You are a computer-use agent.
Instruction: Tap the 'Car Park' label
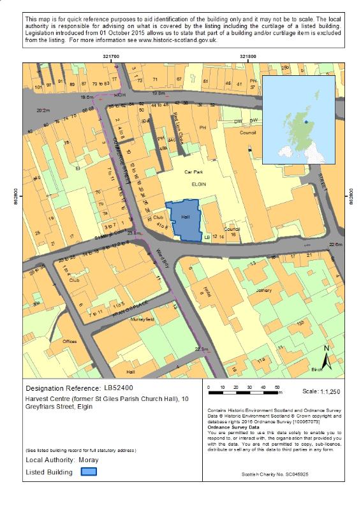pos(193,172)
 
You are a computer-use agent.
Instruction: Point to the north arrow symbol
pos(326,358)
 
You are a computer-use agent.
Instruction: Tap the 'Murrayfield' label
pos(142,319)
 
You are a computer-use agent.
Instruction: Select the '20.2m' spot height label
pos(43,110)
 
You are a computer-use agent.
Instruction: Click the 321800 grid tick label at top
pos(248,57)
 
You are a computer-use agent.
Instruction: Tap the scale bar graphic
pos(243,387)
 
